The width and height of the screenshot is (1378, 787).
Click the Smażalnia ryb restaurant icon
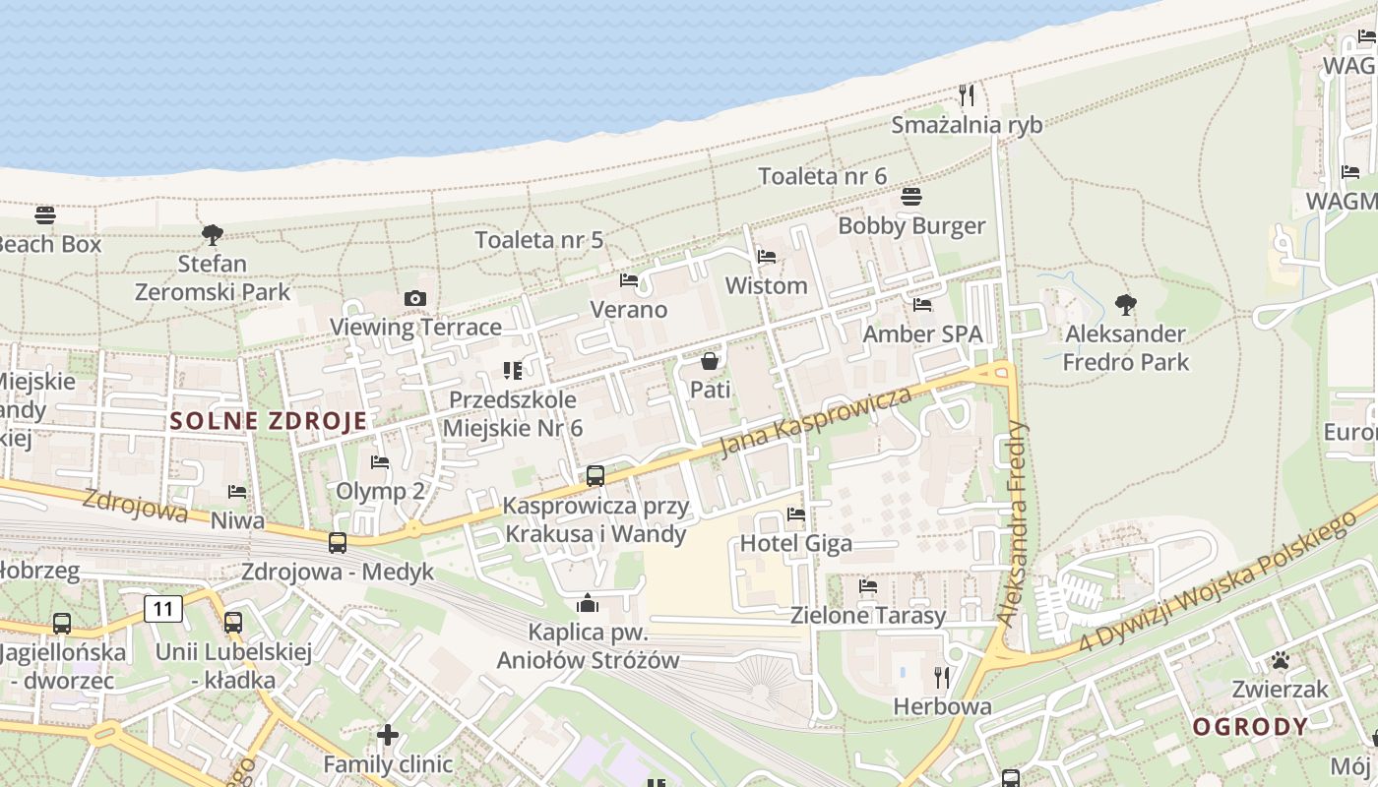pyautogui.click(x=967, y=95)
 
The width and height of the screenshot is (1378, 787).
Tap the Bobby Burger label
pyautogui.click(x=911, y=225)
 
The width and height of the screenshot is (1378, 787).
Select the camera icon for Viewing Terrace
pyautogui.click(x=415, y=298)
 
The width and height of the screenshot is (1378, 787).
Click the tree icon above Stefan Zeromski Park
pyautogui.click(x=212, y=235)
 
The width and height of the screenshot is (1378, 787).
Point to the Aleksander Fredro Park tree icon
pyautogui.click(x=1125, y=305)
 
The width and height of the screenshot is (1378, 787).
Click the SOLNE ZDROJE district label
pyautogui.click(x=269, y=421)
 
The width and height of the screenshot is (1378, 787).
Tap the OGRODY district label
pyautogui.click(x=1251, y=727)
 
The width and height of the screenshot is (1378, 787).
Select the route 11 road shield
pyautogui.click(x=163, y=609)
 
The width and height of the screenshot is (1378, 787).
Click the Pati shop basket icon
pyautogui.click(x=710, y=361)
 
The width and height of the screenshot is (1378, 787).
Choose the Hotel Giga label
pyautogui.click(x=795, y=543)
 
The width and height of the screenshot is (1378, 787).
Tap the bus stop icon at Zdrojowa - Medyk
pyautogui.click(x=338, y=543)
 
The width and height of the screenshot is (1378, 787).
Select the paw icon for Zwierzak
pyautogui.click(x=1281, y=660)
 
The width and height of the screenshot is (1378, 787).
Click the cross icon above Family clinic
pyautogui.click(x=388, y=735)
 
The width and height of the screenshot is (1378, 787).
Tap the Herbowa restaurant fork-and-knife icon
pyautogui.click(x=942, y=677)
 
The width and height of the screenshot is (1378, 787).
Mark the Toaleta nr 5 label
pyautogui.click(x=538, y=240)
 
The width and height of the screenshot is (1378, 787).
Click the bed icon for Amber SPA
pyautogui.click(x=922, y=305)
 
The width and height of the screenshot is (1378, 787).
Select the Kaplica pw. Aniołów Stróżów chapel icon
pyautogui.click(x=588, y=602)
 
